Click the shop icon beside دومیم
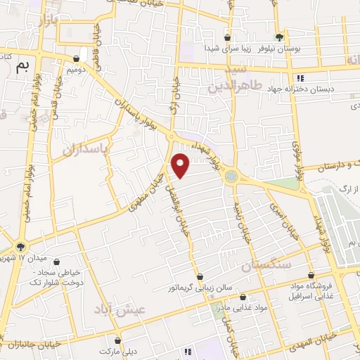[77, 60]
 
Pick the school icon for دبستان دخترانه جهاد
[300, 78]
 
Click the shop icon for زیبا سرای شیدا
[227, 37]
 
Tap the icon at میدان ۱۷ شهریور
[20, 247]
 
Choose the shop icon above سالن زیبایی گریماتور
[200, 276]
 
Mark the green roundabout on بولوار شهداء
[231, 176]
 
